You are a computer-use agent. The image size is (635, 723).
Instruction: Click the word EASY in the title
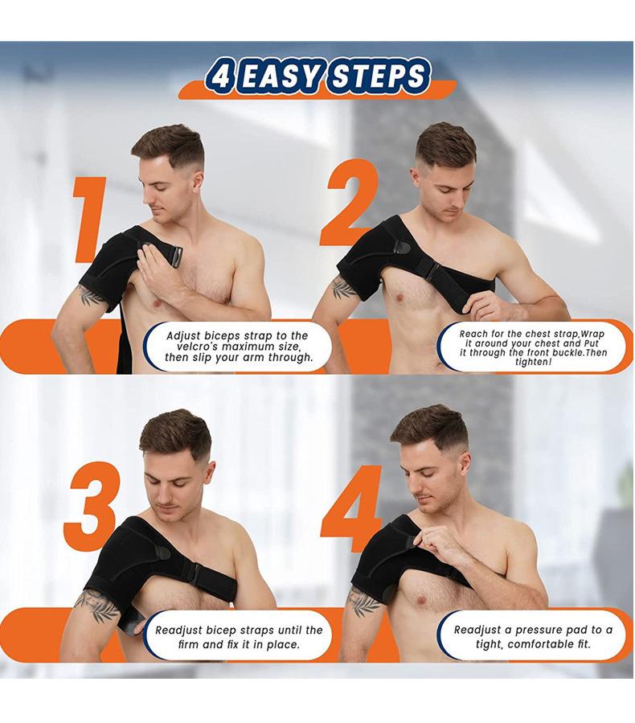coord(281,76)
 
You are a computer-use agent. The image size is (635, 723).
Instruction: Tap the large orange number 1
coord(90,220)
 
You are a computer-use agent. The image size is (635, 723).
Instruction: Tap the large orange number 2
coord(350,203)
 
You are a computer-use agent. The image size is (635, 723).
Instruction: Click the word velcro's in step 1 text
coord(202,347)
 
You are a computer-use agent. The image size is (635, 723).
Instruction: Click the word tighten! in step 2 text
coord(533,363)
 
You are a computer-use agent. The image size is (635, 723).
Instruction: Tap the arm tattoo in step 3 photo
coord(97,605)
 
